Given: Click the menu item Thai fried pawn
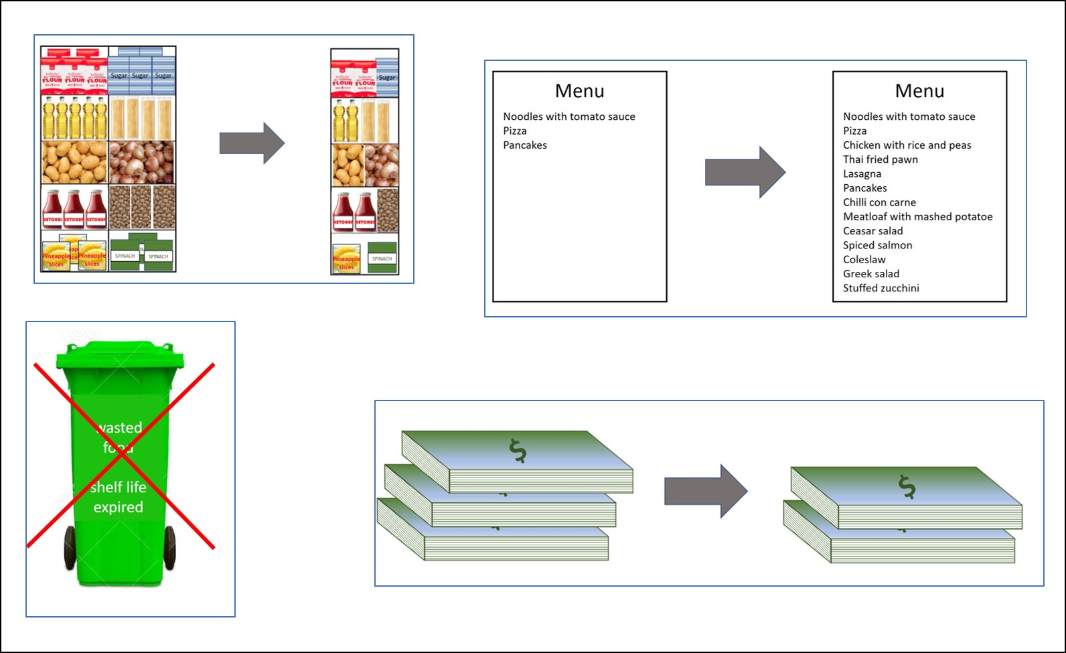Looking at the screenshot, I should [880, 159].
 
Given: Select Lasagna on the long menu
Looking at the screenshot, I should [862, 173].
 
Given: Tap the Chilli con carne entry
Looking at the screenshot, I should [879, 202].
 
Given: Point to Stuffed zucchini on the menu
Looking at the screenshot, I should [881, 288].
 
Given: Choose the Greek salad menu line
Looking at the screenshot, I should [870, 273].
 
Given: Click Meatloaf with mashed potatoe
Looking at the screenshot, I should [917, 216].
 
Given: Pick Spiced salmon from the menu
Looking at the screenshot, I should [877, 245].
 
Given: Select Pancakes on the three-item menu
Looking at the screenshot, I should [525, 145].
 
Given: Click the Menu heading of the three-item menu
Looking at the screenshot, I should [579, 90].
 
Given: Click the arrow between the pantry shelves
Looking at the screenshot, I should [252, 143].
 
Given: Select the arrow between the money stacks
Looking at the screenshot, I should [705, 490].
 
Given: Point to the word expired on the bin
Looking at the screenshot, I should [118, 507].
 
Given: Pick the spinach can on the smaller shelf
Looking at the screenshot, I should [382, 259].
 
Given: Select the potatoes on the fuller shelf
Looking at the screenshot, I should [74, 161].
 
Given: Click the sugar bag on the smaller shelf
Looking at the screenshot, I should [387, 78].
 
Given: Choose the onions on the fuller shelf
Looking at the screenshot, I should [141, 161].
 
